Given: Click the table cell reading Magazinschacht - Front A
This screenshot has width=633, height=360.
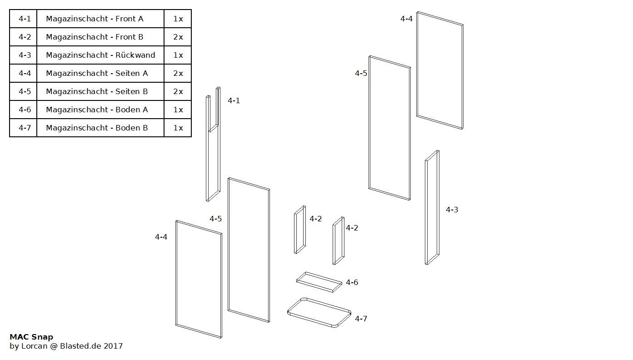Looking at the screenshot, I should pos(95,19).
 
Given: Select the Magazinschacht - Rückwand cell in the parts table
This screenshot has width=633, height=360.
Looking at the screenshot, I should pos(100,55).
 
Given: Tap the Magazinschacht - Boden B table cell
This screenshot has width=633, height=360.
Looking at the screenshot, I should pos(97,128).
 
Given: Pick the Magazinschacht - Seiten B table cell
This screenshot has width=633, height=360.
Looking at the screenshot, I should pos(97,91).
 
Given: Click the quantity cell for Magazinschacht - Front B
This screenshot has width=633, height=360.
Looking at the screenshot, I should pos(178,37).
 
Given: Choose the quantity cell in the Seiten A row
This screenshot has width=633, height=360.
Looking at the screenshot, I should pos(178,73).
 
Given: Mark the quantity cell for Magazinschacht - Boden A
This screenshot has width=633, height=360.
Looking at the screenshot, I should pos(178,110).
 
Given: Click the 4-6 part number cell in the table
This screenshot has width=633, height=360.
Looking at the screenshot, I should pos(25,110).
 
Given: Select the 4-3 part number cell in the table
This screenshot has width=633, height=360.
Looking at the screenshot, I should pos(25,55).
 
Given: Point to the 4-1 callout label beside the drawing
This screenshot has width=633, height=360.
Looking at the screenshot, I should pos(234,100).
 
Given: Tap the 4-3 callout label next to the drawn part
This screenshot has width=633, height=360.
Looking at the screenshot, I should pos(452,210).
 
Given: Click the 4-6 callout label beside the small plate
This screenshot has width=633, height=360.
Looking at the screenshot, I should pos(352,282).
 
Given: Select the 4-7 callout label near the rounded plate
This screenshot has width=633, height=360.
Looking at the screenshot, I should pos(361,319).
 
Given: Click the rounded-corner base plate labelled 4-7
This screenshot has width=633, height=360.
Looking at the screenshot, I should pos(319,312).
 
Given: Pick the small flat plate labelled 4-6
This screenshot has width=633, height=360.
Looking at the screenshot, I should pos(319,282).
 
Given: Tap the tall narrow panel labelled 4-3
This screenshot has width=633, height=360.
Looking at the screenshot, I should pos(432,207).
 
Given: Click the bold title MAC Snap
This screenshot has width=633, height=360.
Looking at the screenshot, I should pos(31,337).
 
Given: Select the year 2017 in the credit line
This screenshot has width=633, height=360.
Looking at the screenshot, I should pos(113,346).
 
